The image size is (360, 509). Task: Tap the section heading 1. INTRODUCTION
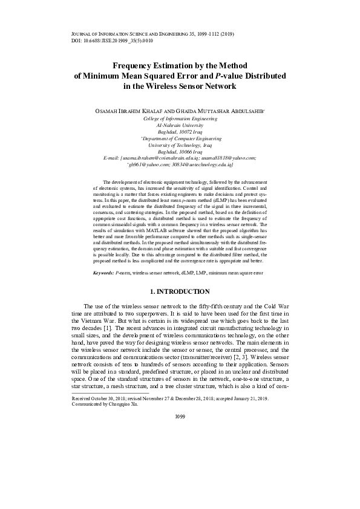point(180,291)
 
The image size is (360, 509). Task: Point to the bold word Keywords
point(105,273)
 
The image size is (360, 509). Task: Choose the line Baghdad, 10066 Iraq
point(179,152)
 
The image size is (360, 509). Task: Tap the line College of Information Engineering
point(179,120)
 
